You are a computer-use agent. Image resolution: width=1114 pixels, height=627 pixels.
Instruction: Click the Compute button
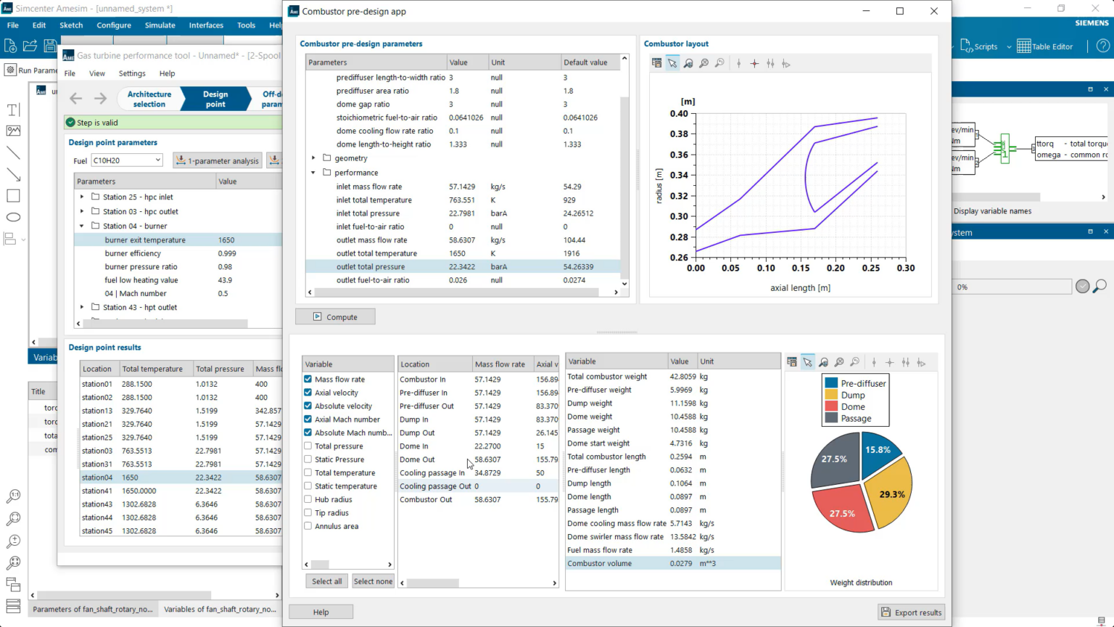click(x=335, y=317)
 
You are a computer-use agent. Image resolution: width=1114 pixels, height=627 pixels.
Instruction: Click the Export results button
click(x=911, y=612)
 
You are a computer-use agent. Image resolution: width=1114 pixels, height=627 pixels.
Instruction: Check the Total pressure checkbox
click(x=308, y=446)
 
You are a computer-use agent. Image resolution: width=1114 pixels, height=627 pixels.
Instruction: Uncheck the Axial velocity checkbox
click(x=308, y=393)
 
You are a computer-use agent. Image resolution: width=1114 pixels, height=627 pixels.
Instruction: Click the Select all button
click(x=326, y=581)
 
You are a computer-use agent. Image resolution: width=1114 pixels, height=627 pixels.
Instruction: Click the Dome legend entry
click(x=853, y=407)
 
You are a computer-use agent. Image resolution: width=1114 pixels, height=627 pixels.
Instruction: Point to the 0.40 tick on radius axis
click(x=679, y=114)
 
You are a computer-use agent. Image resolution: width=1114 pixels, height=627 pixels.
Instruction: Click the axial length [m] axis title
click(x=800, y=288)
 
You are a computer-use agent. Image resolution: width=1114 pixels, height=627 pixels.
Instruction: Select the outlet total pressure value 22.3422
click(x=462, y=267)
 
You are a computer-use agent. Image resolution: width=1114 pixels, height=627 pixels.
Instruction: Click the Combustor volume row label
click(x=599, y=563)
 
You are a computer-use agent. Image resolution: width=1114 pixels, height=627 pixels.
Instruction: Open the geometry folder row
click(x=351, y=158)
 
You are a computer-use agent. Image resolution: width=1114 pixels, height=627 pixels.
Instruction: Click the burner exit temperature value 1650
click(x=226, y=240)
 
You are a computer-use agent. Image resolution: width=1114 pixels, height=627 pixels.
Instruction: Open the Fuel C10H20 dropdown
click(x=157, y=160)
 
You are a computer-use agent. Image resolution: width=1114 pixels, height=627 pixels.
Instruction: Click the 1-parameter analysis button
click(x=217, y=161)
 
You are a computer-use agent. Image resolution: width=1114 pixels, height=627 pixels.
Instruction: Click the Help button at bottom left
click(x=321, y=612)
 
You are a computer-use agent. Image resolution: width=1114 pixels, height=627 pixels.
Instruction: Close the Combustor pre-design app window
click(x=934, y=11)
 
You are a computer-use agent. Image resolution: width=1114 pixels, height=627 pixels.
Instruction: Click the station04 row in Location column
click(x=97, y=478)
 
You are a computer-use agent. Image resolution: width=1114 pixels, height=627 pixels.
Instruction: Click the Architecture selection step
click(x=149, y=99)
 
